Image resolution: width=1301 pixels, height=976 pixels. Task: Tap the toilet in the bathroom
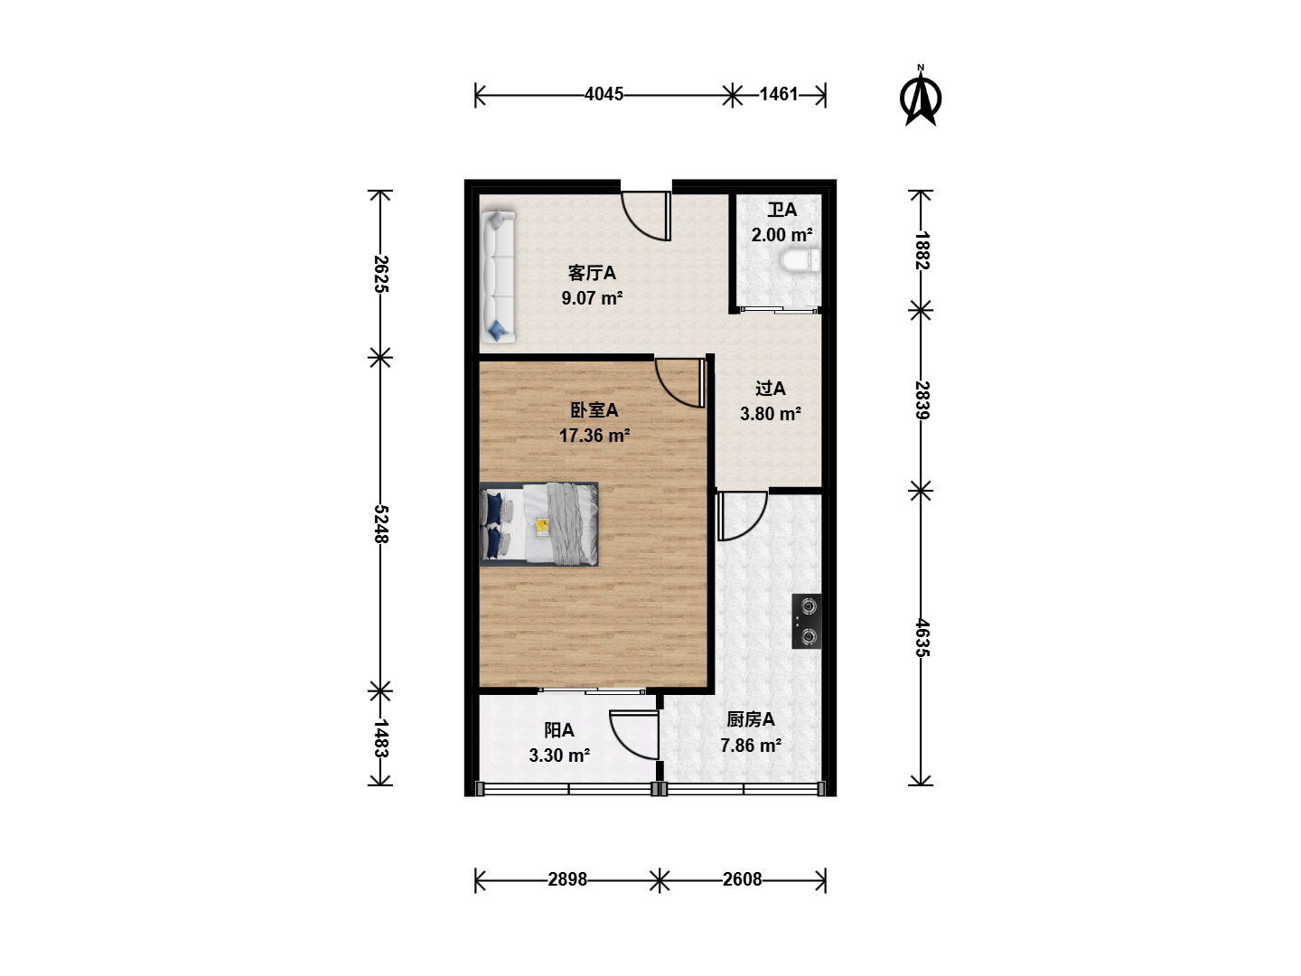(x=800, y=261)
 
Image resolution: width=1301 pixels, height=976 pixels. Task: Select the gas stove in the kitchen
(x=807, y=621)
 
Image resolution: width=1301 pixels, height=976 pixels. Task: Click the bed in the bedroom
(x=538, y=524)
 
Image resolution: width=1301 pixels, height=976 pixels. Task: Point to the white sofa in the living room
(x=498, y=277)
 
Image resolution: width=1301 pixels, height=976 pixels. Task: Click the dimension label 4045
(x=604, y=94)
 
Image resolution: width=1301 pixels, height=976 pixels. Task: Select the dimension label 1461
(x=779, y=94)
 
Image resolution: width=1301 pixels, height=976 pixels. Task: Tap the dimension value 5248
(x=380, y=524)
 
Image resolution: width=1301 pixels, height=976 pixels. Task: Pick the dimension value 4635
(x=922, y=638)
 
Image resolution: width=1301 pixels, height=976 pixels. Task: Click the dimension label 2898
(x=567, y=879)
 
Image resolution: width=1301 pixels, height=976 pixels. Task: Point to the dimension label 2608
(x=742, y=879)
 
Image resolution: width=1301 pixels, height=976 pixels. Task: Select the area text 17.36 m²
(x=594, y=436)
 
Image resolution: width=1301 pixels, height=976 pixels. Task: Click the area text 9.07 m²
(x=592, y=297)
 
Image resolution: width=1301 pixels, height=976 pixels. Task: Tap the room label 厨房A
(x=751, y=719)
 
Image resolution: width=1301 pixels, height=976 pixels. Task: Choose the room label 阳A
(x=559, y=730)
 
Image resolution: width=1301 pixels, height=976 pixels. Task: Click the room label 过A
(x=770, y=389)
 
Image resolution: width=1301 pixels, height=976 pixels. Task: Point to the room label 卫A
(x=782, y=209)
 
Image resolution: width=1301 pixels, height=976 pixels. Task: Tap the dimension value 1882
(x=922, y=250)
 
